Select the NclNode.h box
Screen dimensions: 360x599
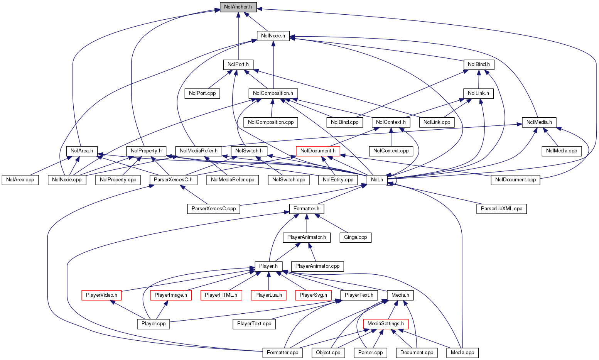pyautogui.click(x=273, y=36)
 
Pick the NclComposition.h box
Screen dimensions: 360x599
pyautogui.click(x=273, y=93)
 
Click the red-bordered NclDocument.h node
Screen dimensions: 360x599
pyautogui.click(x=318, y=150)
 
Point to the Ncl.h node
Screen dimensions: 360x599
pyautogui.click(x=377, y=180)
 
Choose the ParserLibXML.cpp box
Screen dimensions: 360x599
pyautogui.click(x=501, y=209)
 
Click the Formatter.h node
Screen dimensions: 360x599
pyautogui.click(x=307, y=209)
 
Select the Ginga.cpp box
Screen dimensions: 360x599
pyautogui.click(x=356, y=237)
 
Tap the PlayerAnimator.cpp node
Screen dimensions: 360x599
pyautogui.click(x=317, y=266)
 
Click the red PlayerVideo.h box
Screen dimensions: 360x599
pyautogui.click(x=101, y=295)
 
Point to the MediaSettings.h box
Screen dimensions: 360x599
pyautogui.click(x=386, y=324)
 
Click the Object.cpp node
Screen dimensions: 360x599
pyautogui.click(x=328, y=353)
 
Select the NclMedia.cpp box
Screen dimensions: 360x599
pyautogui.click(x=562, y=150)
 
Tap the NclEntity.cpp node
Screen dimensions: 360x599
pyautogui.click(x=338, y=180)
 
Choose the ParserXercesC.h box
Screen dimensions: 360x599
pyautogui.click(x=173, y=180)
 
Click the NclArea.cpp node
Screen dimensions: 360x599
pyautogui.click(x=20, y=180)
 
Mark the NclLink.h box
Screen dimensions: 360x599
pyautogui.click(x=478, y=93)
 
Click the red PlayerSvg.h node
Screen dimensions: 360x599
pyautogui.click(x=313, y=295)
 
